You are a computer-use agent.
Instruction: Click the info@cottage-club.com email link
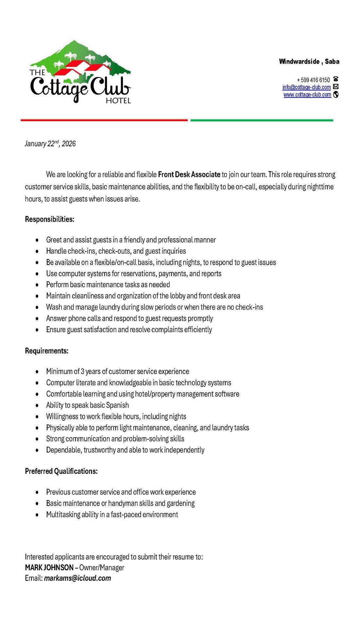pos(306,87)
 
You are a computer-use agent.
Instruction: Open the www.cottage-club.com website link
pos(307,95)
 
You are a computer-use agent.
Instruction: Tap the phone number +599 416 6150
pos(313,80)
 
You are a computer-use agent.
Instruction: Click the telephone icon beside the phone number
pos(335,79)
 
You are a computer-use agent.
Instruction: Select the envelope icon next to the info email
pos(335,87)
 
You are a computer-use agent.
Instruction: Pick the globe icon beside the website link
pos(335,95)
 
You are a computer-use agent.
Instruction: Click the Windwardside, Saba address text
pos(309,62)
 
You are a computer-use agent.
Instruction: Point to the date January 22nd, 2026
pos(50,144)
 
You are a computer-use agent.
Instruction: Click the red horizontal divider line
pos(104,120)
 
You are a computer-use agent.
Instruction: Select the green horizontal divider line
pos(262,120)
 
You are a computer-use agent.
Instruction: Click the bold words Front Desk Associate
pos(189,174)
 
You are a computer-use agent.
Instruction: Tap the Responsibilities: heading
pos(49,219)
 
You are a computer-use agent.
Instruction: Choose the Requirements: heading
pos(46,351)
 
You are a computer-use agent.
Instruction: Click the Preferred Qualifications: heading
pos(61,471)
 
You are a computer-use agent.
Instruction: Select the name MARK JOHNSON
pos(49,567)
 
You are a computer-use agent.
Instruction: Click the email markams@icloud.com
pos(78,578)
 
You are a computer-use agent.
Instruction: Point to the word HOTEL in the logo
pos(118,101)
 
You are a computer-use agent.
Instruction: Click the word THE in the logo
pos(37,72)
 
